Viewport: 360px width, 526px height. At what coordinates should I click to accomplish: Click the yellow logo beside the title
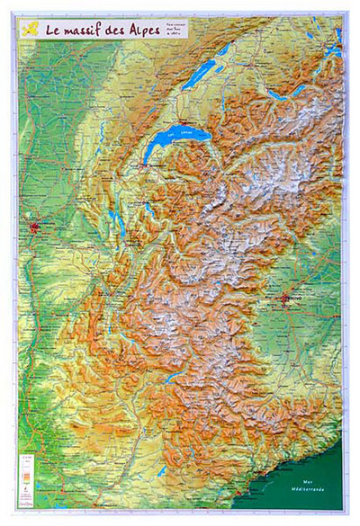pyautogui.click(x=31, y=28)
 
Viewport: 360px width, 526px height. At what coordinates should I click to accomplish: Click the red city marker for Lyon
pyautogui.click(x=37, y=227)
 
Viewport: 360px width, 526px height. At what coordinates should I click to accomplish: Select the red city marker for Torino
pyautogui.click(x=286, y=298)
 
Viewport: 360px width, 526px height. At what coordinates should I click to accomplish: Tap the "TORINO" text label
pyautogui.click(x=294, y=291)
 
